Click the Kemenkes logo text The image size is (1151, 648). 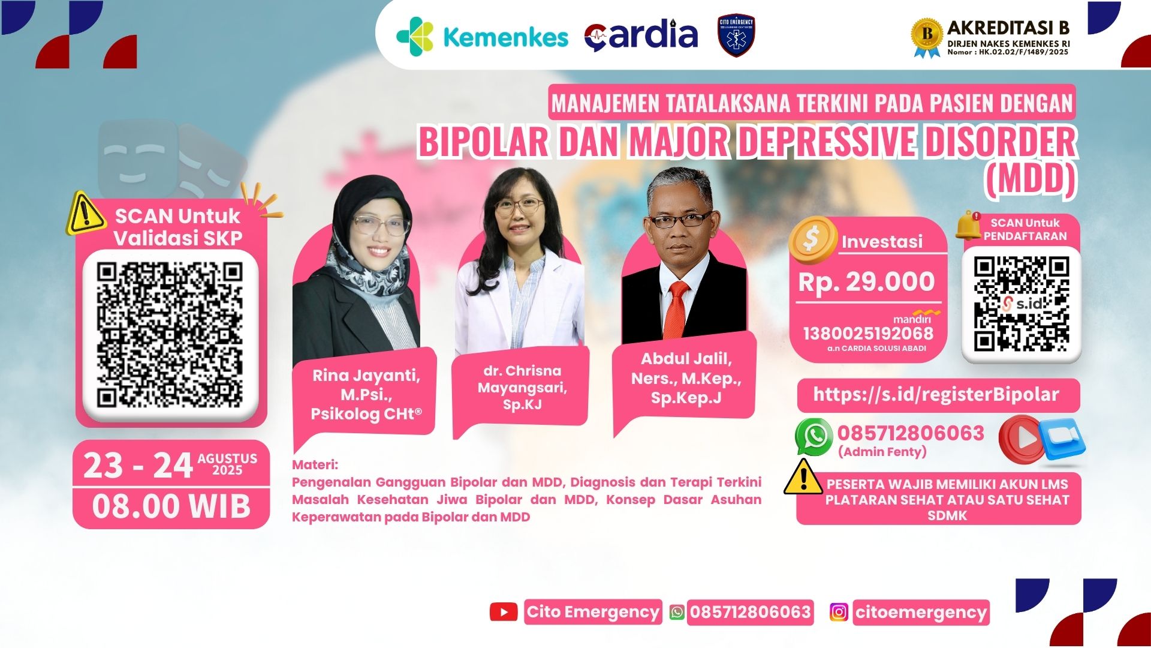point(505,37)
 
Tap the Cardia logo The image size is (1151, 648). point(641,36)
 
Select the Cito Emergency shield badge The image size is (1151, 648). point(736,35)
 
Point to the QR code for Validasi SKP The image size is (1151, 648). point(170,335)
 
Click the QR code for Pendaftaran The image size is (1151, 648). point(1022,304)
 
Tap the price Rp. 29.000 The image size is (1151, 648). point(866,282)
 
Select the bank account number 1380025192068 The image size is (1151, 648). point(868,334)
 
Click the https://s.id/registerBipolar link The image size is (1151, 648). point(936,394)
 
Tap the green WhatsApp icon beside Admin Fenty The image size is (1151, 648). point(813,437)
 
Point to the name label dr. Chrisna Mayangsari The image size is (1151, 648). point(522,387)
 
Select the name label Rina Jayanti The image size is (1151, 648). point(366,394)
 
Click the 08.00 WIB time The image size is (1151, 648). point(171,506)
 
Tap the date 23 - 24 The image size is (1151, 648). point(138,466)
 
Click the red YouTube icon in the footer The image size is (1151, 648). point(504,612)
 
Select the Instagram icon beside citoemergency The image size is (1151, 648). point(839,612)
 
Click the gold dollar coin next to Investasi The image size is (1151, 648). point(813,239)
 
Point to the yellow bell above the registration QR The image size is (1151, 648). point(968,225)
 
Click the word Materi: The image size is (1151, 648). point(315,465)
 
